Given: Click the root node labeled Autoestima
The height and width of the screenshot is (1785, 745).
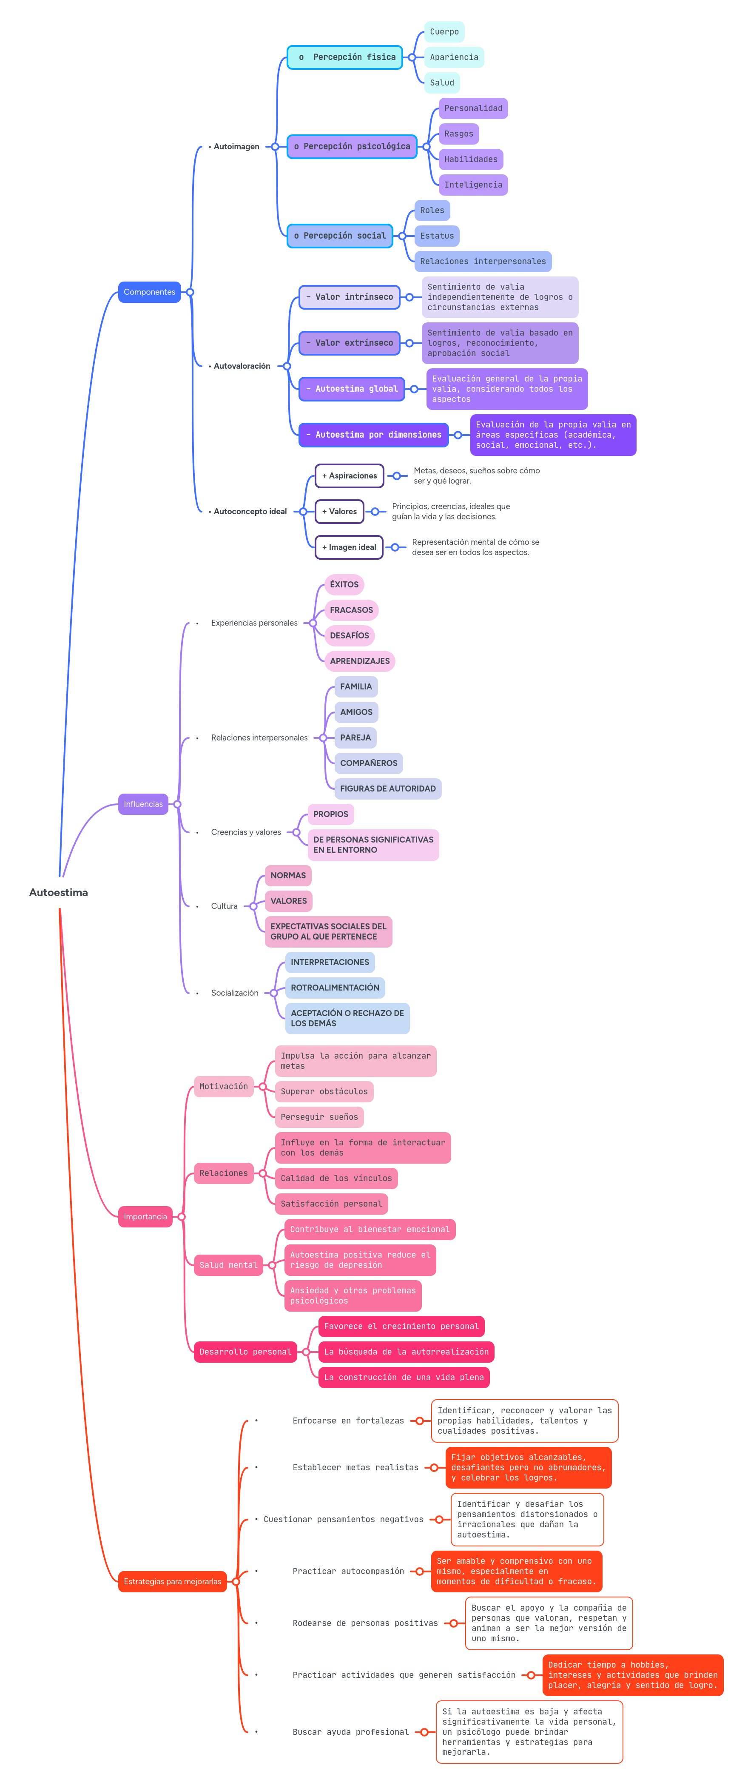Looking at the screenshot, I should pyautogui.click(x=58, y=892).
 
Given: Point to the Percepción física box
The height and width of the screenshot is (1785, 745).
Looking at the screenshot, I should pyautogui.click(x=345, y=57).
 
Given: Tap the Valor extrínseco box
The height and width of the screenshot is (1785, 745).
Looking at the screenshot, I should pyautogui.click(x=349, y=342).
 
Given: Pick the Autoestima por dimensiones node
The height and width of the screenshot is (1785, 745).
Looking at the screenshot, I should pyautogui.click(x=373, y=435).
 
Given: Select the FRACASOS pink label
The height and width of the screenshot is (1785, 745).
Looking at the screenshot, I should pyautogui.click(x=351, y=610).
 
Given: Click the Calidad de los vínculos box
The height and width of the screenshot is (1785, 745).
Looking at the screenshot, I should pyautogui.click(x=336, y=1178).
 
